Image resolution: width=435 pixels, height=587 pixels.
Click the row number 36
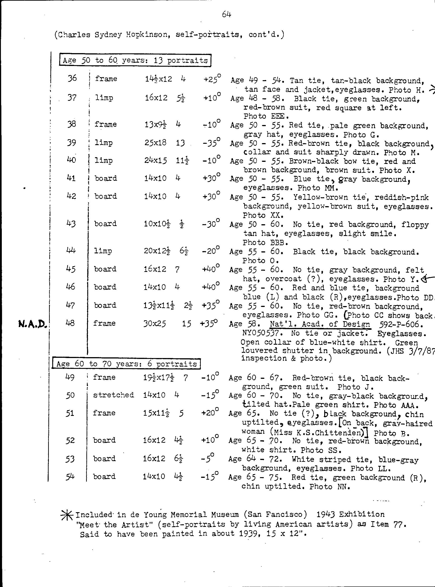click(x=72, y=78)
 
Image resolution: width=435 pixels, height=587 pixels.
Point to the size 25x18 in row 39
click(x=155, y=142)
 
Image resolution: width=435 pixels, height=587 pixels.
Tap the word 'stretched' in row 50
click(x=113, y=395)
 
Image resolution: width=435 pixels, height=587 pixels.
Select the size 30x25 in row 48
click(x=155, y=323)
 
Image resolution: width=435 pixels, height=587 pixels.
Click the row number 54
click(x=70, y=476)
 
